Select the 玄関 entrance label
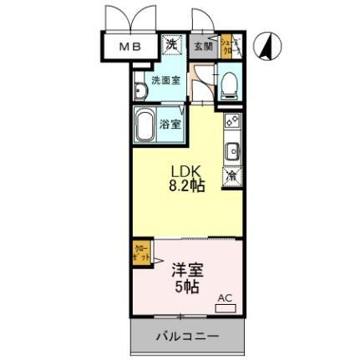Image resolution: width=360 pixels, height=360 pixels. coord(203,46)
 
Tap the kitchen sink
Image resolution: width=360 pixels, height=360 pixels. coord(232,153)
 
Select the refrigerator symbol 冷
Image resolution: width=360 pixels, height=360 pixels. coord(231,175)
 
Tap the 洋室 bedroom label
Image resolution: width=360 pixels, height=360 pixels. coord(186,271)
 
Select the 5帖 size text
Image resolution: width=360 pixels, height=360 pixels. coord(185,287)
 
